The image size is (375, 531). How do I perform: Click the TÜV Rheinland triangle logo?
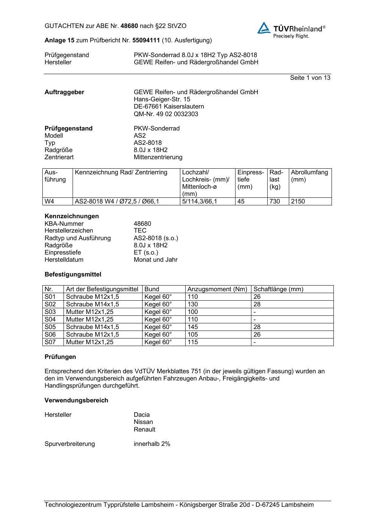(264, 28)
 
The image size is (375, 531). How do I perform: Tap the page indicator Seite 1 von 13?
(310, 78)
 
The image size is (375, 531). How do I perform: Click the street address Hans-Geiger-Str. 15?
(162, 99)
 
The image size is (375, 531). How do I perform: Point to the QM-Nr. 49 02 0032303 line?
(166, 114)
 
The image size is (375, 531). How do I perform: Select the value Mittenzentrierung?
(158, 157)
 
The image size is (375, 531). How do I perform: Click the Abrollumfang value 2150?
(298, 201)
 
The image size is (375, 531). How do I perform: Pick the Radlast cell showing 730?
(275, 201)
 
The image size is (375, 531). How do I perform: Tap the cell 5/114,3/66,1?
(200, 201)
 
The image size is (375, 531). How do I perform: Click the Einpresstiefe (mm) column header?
(250, 179)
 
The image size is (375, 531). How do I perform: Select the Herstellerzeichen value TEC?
(140, 230)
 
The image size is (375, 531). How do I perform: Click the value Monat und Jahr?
(155, 259)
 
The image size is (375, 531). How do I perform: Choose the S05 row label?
(50, 327)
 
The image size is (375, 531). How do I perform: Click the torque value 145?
(193, 327)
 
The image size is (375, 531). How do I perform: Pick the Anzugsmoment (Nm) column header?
(217, 289)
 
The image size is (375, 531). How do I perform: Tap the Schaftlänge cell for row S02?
(257, 304)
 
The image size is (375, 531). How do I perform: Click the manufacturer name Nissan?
(143, 422)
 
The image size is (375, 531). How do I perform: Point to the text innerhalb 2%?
(152, 444)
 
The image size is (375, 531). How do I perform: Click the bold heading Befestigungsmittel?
(73, 274)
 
